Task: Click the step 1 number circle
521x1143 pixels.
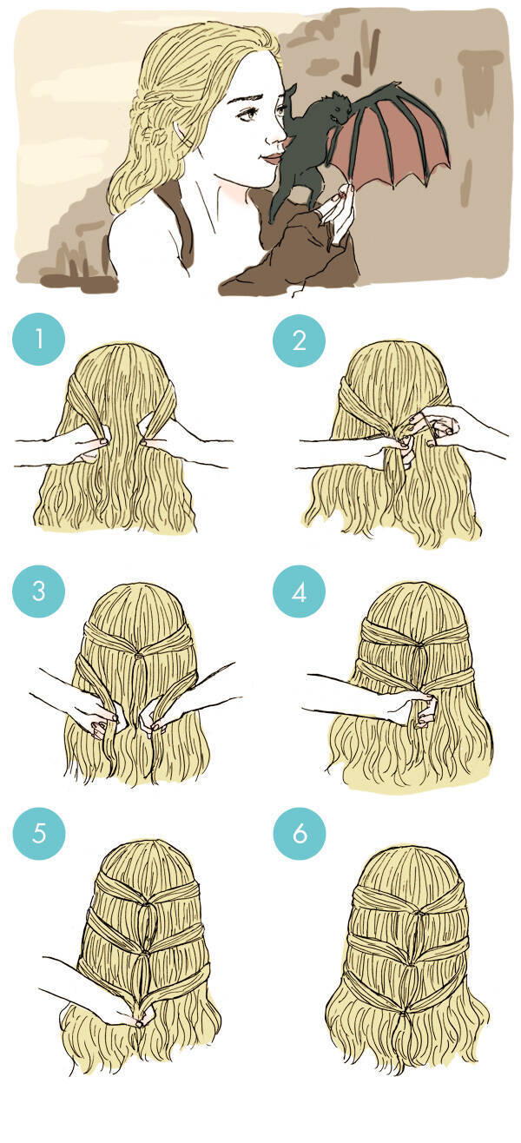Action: [x=39, y=340]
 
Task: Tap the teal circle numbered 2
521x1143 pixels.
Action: [x=299, y=340]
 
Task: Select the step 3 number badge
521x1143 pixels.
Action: [x=39, y=591]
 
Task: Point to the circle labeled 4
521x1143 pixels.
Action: [x=299, y=591]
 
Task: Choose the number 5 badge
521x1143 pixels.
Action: [x=39, y=833]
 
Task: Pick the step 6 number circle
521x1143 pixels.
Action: [x=299, y=833]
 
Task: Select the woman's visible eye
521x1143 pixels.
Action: [x=248, y=113]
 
